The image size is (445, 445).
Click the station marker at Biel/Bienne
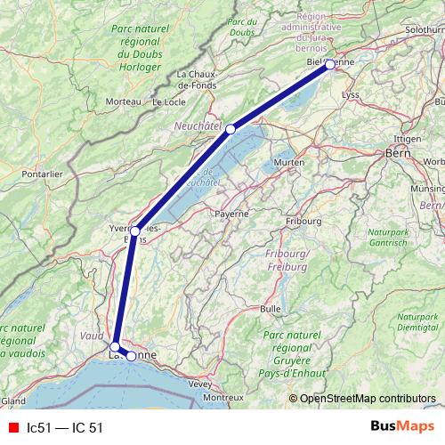330,64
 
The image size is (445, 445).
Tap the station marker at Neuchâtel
231,129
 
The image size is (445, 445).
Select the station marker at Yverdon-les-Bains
135,231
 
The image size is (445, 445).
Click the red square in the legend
12,428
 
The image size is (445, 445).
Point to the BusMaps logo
402,427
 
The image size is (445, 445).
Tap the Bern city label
396,153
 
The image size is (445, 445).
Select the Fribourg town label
303,221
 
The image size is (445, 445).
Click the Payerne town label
231,214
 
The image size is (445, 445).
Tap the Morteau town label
123,101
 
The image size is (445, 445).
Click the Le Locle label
169,101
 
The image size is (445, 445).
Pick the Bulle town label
270,308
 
